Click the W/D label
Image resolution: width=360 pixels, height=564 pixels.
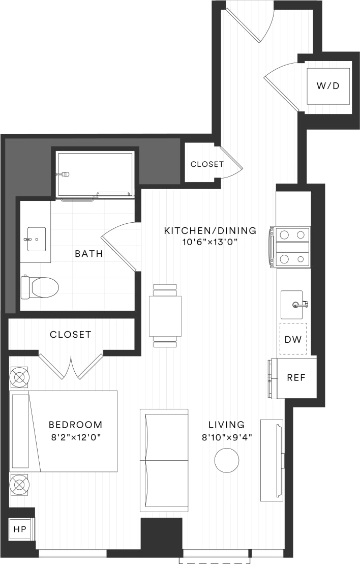tap(328, 86)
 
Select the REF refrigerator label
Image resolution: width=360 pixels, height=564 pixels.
tap(296, 378)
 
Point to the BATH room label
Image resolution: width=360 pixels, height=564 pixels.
tap(89, 253)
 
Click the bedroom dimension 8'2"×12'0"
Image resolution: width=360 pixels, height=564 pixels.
tap(75, 436)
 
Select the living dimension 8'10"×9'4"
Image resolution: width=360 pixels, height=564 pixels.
tap(227, 436)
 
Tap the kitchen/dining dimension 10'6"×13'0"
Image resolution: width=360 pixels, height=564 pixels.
tap(210, 242)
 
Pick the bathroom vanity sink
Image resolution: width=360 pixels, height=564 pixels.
tap(36, 239)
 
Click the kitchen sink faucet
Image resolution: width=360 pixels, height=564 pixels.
tap(301, 305)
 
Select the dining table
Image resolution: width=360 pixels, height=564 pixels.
tap(165, 316)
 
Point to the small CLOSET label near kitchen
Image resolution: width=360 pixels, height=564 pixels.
tap(207, 164)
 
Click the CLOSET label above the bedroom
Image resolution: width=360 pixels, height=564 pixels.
tap(71, 334)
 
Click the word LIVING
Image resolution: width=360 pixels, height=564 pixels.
tap(227, 424)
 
